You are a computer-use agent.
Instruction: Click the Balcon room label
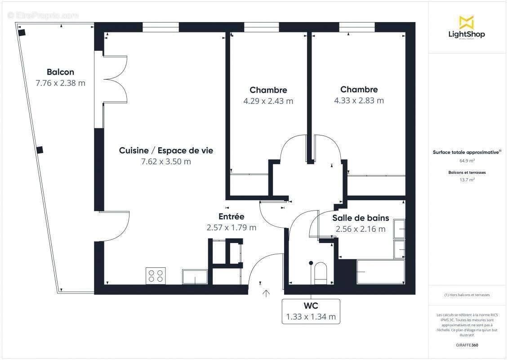[60, 72]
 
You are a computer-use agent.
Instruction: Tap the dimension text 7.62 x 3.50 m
[166, 162]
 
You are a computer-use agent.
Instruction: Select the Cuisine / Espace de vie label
[166, 151]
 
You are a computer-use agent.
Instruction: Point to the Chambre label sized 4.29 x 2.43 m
[268, 90]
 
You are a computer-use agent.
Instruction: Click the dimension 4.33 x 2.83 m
[359, 100]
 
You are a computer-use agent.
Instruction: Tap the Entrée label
[231, 217]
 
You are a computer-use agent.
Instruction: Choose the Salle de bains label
[361, 218]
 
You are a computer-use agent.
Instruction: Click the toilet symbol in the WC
[321, 273]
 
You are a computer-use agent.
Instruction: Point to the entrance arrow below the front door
[266, 293]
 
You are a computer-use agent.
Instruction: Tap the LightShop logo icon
[466, 22]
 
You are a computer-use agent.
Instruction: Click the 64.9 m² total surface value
[467, 161]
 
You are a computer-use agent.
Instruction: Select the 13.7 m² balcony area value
[467, 180]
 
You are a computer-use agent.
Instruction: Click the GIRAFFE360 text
[467, 344]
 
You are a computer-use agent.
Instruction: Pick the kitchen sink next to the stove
[195, 277]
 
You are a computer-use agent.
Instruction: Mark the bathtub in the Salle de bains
[380, 272]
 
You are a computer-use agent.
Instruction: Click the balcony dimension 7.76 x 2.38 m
[60, 83]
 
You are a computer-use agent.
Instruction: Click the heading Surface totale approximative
[466, 153]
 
